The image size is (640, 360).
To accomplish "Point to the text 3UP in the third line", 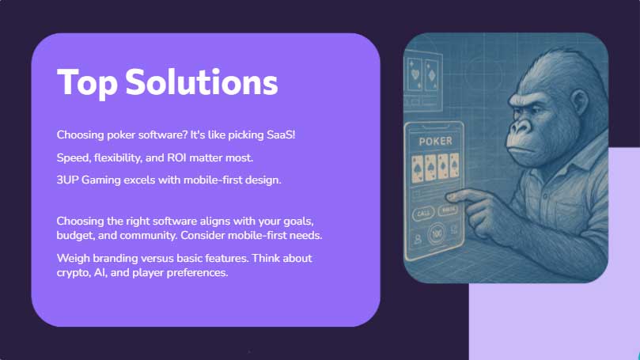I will tap(68, 180).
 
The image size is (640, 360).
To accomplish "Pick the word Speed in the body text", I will tap(72, 157).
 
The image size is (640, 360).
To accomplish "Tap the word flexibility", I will tap(122, 157).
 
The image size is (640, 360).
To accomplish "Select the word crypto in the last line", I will tap(73, 273).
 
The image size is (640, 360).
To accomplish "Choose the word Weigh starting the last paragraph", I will tap(74, 259).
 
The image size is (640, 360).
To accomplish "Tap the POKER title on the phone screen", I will tap(432, 140).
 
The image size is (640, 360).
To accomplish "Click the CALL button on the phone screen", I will tap(424, 213).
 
